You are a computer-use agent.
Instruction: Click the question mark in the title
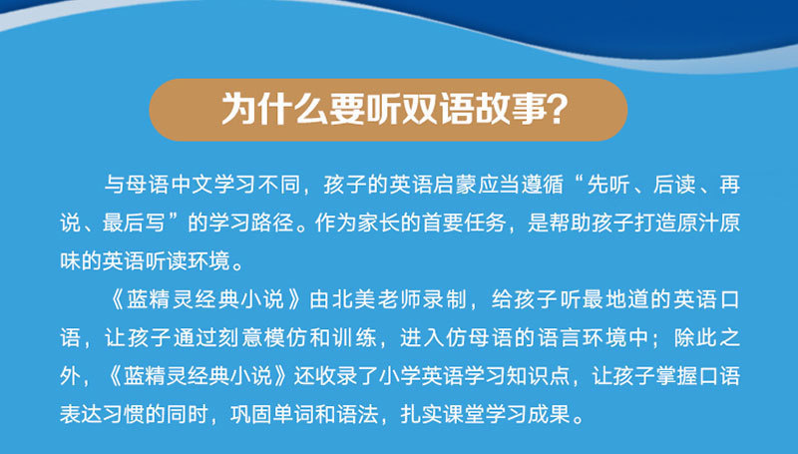click(556, 109)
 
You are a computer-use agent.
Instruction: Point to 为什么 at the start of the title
click(275, 109)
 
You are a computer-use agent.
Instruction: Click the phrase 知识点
click(538, 376)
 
